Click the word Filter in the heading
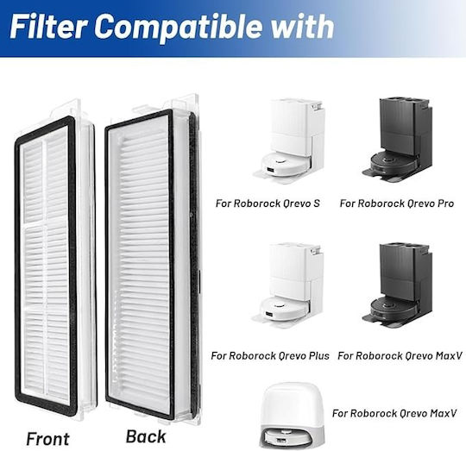[x=47, y=27]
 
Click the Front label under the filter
[x=47, y=439]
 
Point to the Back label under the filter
[x=146, y=436]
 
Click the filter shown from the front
[x=55, y=260]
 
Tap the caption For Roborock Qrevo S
[x=268, y=204]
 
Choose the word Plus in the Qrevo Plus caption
[x=318, y=355]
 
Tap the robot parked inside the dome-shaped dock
[x=287, y=437]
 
